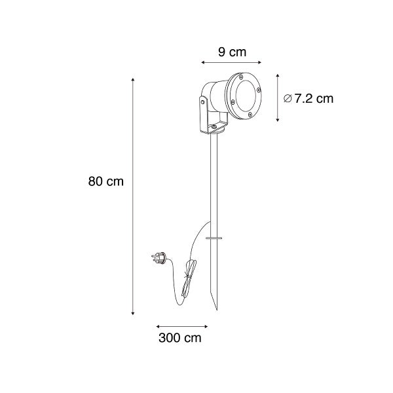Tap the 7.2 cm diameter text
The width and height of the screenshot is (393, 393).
pyautogui.click(x=314, y=99)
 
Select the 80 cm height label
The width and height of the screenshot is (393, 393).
pyautogui.click(x=105, y=181)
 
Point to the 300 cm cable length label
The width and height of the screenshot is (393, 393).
pyautogui.click(x=179, y=339)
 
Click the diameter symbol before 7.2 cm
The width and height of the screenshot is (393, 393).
pyautogui.click(x=288, y=99)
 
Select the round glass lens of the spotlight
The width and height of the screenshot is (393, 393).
pyautogui.click(x=244, y=98)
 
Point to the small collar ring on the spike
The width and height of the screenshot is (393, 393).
pyautogui.click(x=214, y=237)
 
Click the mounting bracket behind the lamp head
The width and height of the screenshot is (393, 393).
pyautogui.click(x=203, y=115)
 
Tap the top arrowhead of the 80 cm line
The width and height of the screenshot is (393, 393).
pyautogui.click(x=134, y=79)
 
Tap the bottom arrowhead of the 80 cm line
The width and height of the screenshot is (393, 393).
pyautogui.click(x=134, y=314)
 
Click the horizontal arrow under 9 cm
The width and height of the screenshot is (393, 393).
pyautogui.click(x=231, y=63)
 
